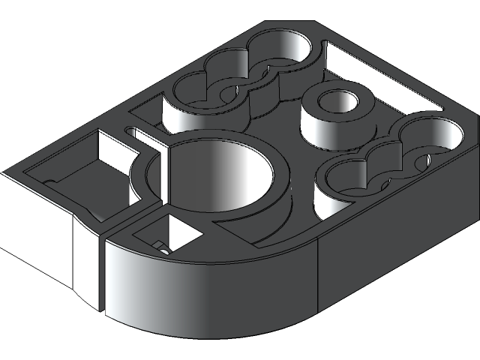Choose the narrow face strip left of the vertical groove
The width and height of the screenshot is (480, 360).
click(85, 259)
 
